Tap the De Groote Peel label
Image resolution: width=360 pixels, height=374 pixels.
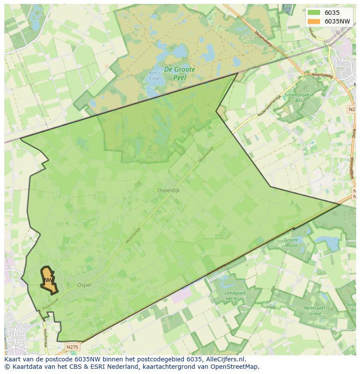(x=179, y=73)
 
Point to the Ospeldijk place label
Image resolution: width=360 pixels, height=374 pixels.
(x=168, y=190)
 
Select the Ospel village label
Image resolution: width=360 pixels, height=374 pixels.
(x=84, y=285)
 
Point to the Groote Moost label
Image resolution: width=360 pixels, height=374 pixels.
(x=291, y=242)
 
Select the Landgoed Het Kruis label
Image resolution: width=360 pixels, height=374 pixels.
(x=235, y=296)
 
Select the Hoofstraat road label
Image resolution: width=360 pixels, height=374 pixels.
(x=46, y=334)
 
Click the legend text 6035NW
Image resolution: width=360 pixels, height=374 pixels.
(x=337, y=21)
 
